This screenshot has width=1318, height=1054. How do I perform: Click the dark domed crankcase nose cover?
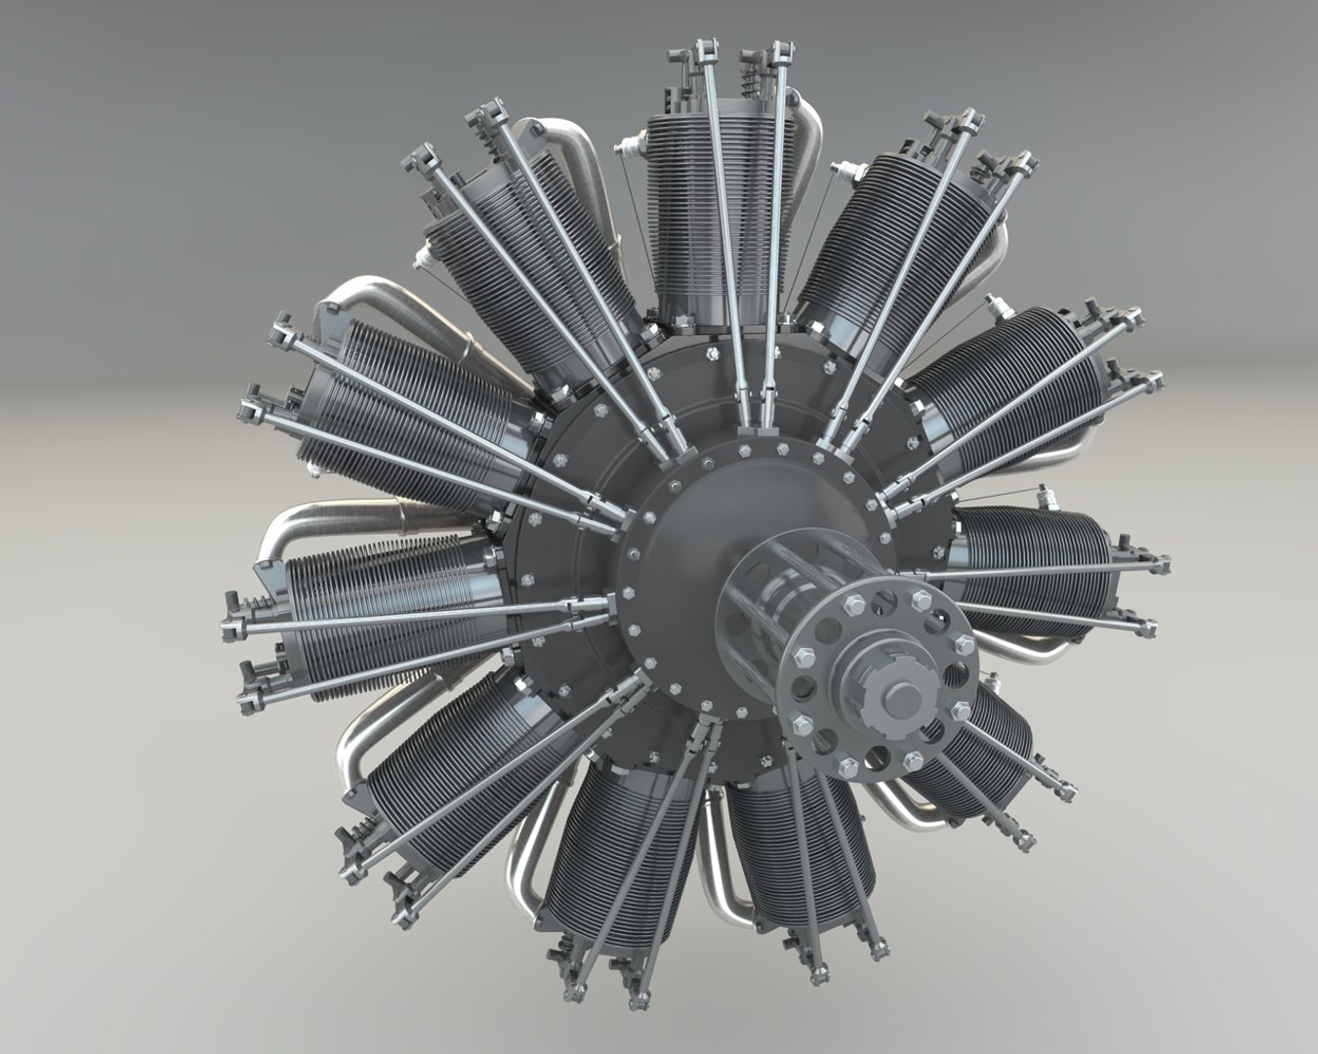point(683,537)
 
